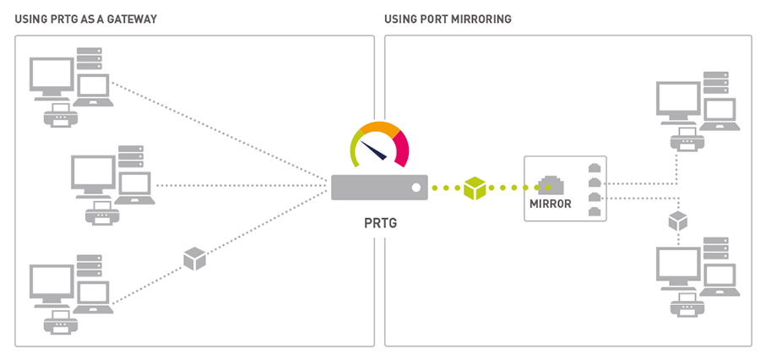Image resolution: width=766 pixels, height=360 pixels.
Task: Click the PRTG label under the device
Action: point(378,225)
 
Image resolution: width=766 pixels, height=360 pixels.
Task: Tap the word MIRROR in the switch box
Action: point(551,204)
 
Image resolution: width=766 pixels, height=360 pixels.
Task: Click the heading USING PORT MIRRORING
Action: point(448,19)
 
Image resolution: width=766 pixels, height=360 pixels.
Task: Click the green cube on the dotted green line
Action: point(475,188)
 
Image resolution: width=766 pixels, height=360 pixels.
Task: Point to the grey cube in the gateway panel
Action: point(195,259)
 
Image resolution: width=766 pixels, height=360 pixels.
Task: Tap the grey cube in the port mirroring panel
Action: point(677,221)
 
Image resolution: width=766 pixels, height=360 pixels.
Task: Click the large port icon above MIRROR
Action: point(551,183)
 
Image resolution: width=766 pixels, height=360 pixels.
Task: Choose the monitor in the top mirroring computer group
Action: point(676,100)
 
